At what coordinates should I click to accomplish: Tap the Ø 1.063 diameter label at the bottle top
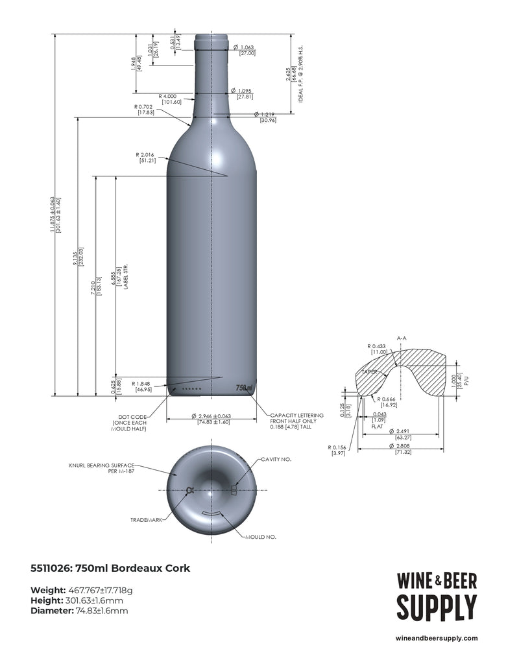tap(247, 50)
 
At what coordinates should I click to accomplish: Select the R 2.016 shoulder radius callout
tap(147, 158)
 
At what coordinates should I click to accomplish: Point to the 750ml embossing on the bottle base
tap(244, 388)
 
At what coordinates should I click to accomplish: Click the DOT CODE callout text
tap(130, 423)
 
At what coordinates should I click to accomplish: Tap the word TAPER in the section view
tap(370, 372)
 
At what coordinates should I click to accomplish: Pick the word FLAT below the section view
tap(377, 428)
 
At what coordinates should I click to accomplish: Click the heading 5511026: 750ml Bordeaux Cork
tap(110, 569)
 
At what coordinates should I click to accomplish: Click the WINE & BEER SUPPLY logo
tap(436, 596)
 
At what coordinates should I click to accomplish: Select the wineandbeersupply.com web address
tap(436, 638)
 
